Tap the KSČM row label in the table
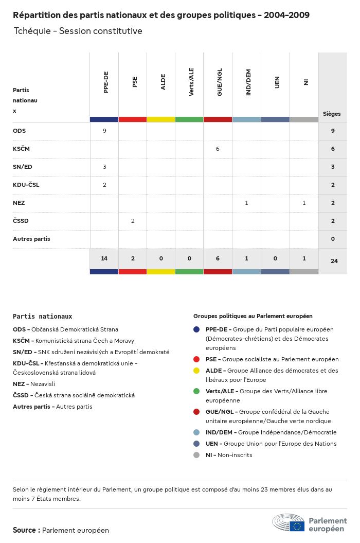22,149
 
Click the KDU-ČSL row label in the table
26,185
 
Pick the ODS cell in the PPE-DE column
104,131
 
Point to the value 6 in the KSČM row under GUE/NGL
218,149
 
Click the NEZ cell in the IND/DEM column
246,203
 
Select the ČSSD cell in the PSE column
133,221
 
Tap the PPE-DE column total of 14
104,258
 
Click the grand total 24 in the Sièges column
334,261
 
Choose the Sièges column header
332,114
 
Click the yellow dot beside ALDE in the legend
196,371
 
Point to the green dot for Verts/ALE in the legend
196,391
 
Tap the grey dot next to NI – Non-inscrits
196,455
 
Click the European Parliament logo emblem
289,522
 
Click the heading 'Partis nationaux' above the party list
43,317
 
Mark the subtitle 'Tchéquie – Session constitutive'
78,31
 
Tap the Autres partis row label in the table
31,239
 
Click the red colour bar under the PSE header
133,119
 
